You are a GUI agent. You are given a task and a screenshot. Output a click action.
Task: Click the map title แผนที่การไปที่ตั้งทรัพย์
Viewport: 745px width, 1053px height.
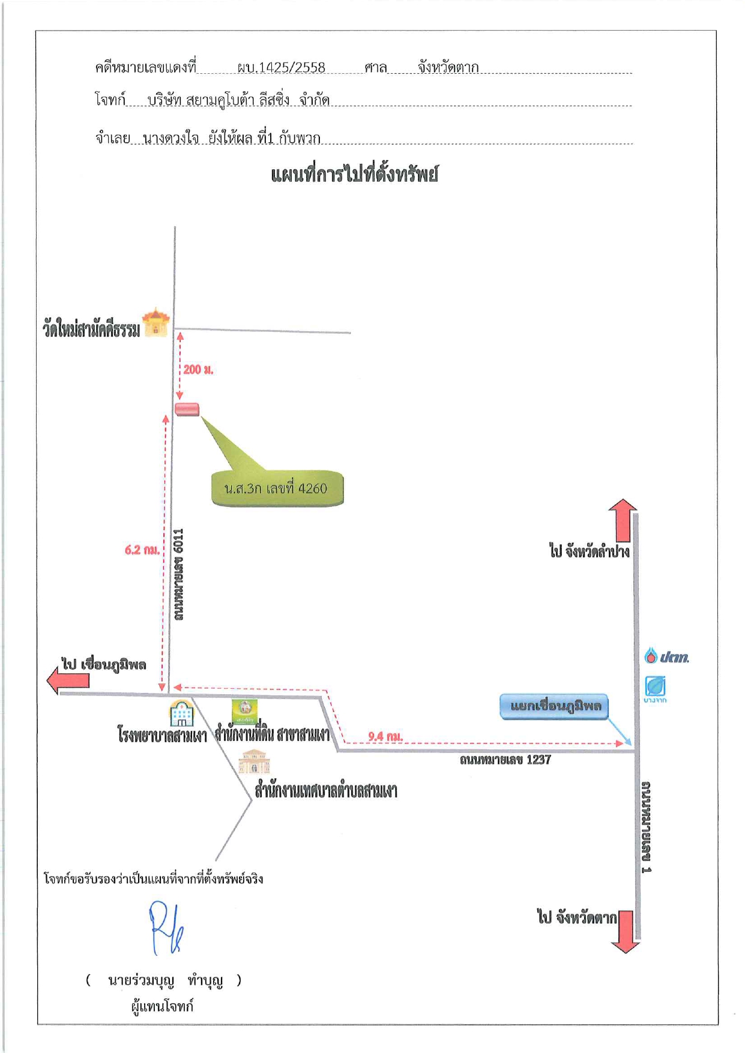click(354, 175)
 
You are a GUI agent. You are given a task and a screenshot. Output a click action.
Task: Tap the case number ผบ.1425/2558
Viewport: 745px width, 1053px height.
click(281, 67)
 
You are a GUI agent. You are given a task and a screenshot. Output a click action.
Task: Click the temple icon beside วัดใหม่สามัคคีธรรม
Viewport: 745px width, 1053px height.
click(156, 322)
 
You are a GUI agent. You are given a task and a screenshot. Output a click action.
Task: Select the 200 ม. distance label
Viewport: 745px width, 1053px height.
click(198, 370)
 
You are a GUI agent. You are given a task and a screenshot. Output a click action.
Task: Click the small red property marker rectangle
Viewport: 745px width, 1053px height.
click(187, 410)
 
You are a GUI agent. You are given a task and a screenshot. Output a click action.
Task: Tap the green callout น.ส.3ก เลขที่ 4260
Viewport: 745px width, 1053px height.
click(277, 488)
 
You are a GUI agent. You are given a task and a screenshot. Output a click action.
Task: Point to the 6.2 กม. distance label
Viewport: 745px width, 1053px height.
click(142, 550)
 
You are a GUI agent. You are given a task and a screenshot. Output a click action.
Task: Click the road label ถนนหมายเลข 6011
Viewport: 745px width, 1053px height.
click(178, 574)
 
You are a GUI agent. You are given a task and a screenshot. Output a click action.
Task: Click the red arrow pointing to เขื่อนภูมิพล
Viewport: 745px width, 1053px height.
click(68, 681)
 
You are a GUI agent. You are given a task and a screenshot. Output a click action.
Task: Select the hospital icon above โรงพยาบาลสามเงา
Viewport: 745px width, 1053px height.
click(181, 713)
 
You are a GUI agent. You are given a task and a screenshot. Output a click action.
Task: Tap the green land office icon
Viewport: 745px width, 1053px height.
click(245, 712)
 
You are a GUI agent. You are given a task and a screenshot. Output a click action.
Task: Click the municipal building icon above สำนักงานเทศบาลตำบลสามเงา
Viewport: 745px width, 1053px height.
click(254, 761)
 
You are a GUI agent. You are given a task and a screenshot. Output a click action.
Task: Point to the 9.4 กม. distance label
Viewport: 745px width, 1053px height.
click(385, 736)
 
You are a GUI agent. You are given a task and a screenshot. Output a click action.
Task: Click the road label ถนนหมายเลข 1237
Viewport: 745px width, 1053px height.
click(505, 760)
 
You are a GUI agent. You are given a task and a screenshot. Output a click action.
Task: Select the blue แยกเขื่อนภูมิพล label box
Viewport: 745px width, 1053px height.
click(554, 706)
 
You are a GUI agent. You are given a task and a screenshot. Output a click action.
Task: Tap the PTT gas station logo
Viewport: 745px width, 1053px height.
click(666, 656)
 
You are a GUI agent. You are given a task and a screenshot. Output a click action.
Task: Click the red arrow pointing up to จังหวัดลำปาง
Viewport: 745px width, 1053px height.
click(623, 520)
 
